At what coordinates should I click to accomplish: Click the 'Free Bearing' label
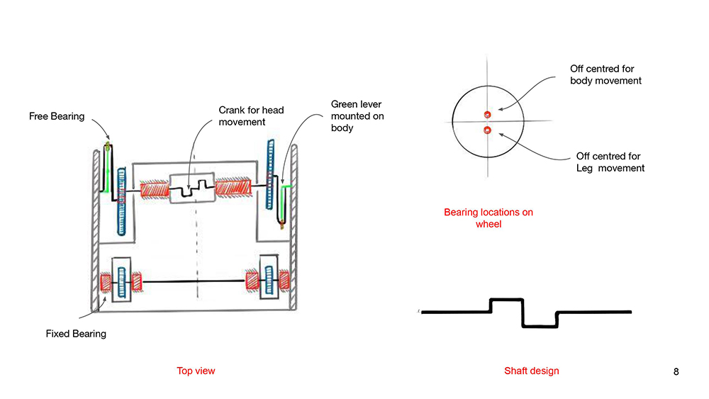click(x=57, y=116)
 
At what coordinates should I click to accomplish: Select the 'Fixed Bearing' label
click(x=76, y=333)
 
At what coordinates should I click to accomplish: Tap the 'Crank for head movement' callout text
click(x=242, y=116)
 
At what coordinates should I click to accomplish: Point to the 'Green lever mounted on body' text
click(x=357, y=116)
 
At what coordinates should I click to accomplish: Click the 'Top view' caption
click(x=196, y=371)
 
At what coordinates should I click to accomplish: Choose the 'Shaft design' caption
click(x=531, y=371)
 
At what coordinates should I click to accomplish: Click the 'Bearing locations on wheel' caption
click(x=489, y=218)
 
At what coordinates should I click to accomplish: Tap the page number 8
click(x=676, y=371)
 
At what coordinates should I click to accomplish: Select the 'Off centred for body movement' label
click(x=605, y=74)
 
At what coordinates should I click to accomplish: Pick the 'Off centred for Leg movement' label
click(x=610, y=162)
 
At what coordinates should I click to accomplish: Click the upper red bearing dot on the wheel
click(x=487, y=115)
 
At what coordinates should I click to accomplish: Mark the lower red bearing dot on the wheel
click(x=487, y=130)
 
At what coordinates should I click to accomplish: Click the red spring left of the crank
click(x=153, y=190)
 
